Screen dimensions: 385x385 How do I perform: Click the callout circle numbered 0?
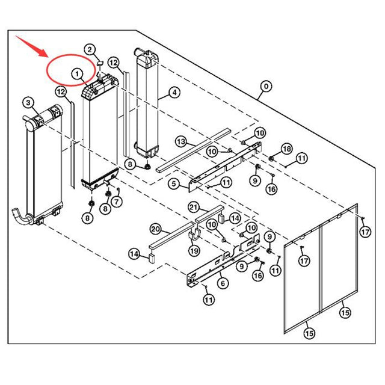coord(265,87)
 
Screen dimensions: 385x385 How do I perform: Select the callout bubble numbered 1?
coord(78,73)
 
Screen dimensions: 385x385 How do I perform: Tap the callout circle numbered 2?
coord(89,49)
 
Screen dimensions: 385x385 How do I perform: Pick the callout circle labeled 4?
coord(174,93)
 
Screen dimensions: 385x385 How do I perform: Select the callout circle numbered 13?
coord(181,142)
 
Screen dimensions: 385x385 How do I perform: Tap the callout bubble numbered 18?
coord(286,149)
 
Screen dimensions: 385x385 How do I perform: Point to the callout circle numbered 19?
coord(194,250)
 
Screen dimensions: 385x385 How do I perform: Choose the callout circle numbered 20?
coord(155,229)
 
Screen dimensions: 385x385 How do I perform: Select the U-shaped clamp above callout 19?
coord(195,233)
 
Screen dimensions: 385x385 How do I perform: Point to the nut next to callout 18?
coord(271,158)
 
